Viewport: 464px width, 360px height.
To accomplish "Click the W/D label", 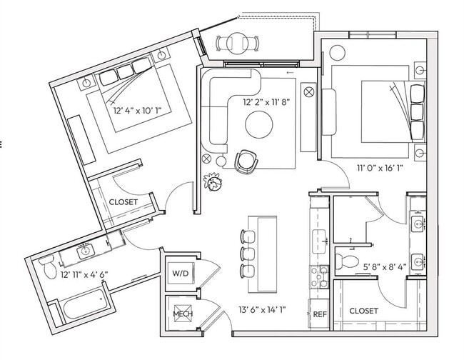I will tap(178, 273).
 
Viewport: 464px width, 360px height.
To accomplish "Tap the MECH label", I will tap(178, 315).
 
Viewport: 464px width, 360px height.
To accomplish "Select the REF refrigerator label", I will tap(320, 314).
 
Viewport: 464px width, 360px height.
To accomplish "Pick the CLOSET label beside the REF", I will tap(363, 311).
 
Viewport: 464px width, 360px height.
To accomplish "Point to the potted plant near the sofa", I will tap(212, 181).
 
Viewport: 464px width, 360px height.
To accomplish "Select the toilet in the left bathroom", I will tap(46, 267).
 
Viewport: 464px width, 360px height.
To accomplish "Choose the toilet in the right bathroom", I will tap(346, 259).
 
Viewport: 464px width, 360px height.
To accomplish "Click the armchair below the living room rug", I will tap(246, 161).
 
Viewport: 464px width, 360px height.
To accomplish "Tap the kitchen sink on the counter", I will tap(319, 236).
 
